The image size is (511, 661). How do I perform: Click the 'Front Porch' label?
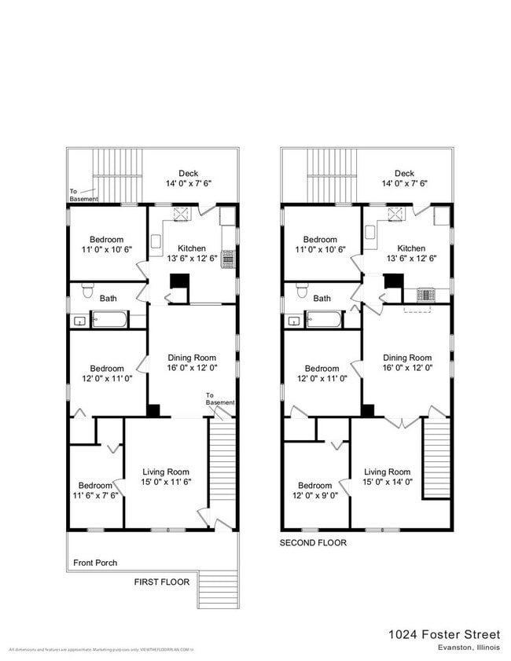click(x=95, y=563)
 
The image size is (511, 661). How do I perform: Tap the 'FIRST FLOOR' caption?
click(x=162, y=582)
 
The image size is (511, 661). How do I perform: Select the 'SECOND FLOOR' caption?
click(x=313, y=542)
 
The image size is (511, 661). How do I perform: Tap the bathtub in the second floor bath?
click(x=323, y=320)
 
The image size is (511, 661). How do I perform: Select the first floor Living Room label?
click(x=167, y=472)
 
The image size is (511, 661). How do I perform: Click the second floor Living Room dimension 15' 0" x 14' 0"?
click(x=388, y=483)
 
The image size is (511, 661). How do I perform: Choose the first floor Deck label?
click(x=189, y=173)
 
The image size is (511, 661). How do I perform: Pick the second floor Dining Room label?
click(x=407, y=358)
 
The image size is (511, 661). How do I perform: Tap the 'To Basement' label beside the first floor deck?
click(x=83, y=195)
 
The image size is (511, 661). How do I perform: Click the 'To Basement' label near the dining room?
click(x=220, y=399)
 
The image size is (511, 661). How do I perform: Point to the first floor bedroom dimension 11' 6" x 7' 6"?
click(x=97, y=496)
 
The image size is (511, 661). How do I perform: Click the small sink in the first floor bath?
click(x=79, y=321)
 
